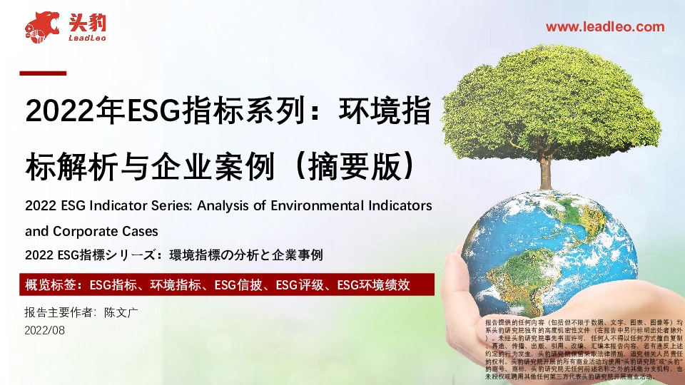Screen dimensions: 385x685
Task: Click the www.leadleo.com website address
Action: point(605,27)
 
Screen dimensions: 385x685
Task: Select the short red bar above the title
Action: point(42,73)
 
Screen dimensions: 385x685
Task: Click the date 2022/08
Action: point(44,330)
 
